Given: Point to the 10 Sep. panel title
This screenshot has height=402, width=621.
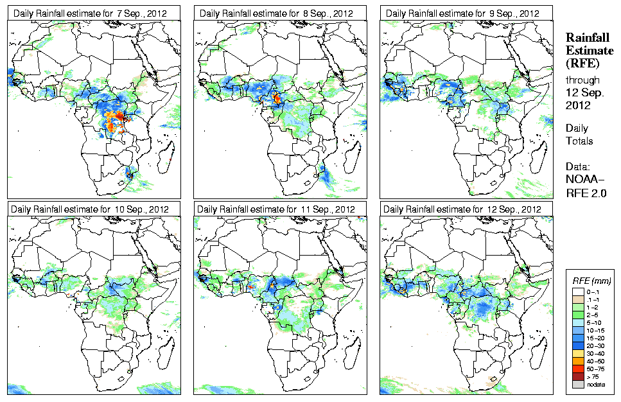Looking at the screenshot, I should point(89,209).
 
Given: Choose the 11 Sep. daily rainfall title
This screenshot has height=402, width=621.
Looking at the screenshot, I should point(275,209).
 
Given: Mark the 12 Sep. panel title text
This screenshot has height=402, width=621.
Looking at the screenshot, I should point(461,209).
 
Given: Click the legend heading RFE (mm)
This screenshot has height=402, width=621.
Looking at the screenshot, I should point(591,281).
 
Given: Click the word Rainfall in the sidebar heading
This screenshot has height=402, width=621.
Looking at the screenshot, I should point(587,38).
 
